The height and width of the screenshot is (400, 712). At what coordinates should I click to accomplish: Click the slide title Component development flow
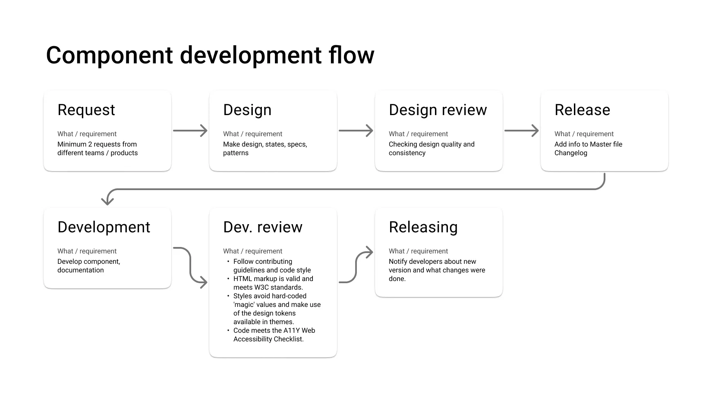coord(210,56)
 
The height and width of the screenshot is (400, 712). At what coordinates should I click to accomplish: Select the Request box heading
coord(86,110)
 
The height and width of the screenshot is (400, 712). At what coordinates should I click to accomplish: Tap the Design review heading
coord(438,110)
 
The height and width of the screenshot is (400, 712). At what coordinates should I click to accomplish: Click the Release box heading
coord(582,110)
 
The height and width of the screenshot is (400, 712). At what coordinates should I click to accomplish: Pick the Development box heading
coord(104,227)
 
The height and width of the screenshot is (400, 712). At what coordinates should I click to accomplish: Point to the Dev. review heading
coord(262,227)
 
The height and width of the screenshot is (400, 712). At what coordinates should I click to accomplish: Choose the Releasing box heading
coord(423,227)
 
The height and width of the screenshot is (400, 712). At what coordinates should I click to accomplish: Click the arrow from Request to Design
coord(190,131)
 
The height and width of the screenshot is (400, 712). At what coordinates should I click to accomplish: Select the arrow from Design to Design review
coord(356,131)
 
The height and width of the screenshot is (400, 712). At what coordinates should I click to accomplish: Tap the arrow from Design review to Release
coord(521,131)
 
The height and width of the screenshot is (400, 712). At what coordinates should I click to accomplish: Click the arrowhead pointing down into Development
coord(107,200)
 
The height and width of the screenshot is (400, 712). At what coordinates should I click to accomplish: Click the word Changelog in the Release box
coord(570,153)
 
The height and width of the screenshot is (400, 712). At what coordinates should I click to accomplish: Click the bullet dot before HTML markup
coord(228,279)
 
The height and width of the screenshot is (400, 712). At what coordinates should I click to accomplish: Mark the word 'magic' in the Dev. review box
coord(243,305)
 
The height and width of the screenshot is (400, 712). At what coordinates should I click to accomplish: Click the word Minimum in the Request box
coord(72,144)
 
